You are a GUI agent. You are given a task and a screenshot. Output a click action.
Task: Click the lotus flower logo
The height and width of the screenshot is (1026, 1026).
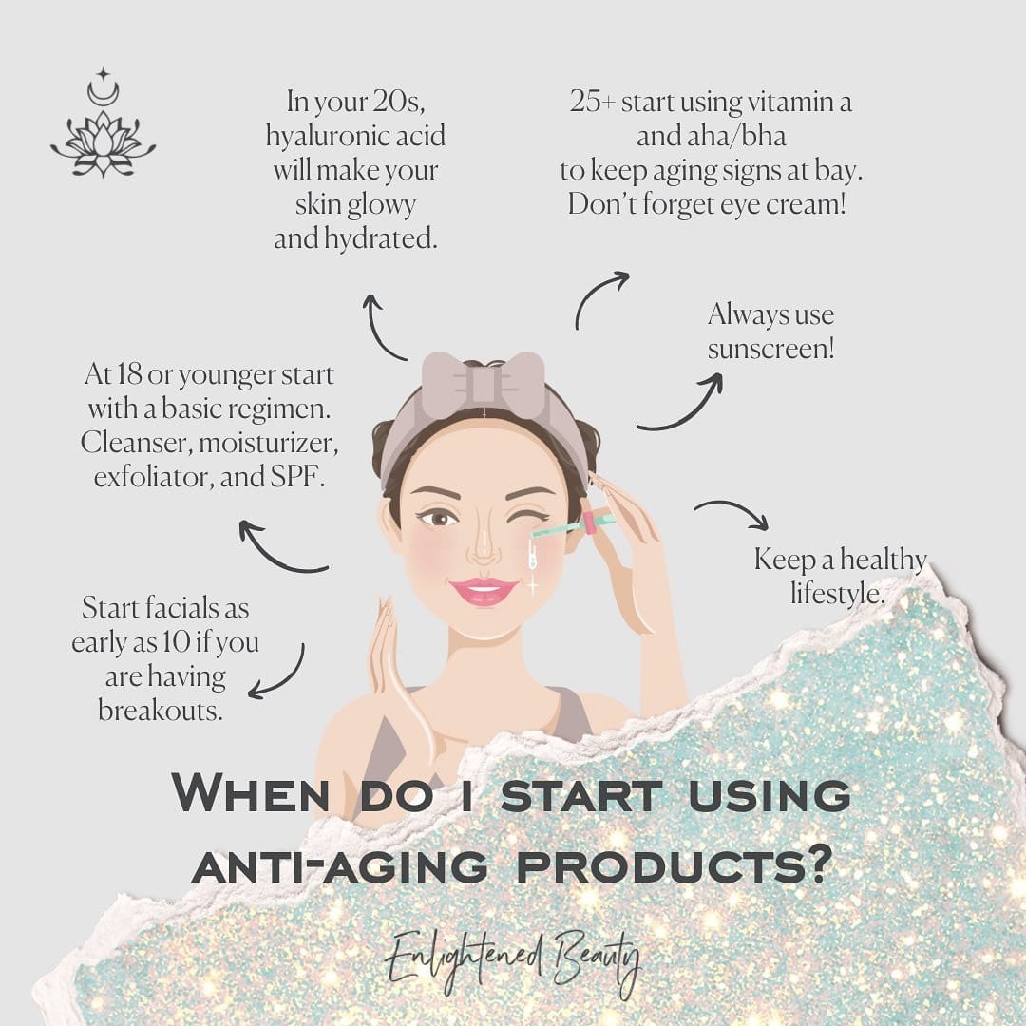click(x=104, y=144)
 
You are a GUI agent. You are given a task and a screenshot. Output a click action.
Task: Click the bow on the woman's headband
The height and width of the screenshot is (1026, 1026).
click(x=483, y=385)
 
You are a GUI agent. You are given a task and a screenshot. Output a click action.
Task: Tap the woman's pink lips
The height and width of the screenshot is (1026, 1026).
click(x=484, y=592)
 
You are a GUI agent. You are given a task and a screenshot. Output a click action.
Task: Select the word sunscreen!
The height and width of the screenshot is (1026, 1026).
click(x=770, y=348)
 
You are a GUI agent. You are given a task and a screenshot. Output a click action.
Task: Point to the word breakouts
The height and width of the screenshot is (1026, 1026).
click(x=161, y=710)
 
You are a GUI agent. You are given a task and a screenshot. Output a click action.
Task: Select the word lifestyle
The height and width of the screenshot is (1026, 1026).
click(x=837, y=594)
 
